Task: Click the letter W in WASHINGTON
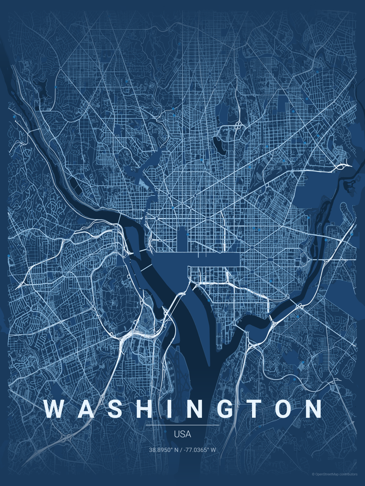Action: [54, 409]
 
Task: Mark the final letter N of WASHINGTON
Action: [310, 409]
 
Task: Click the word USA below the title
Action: [182, 434]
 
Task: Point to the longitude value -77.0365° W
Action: [201, 450]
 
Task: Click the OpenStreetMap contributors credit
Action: [336, 474]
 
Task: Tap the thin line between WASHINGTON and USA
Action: [182, 425]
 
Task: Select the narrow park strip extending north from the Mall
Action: [182, 241]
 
